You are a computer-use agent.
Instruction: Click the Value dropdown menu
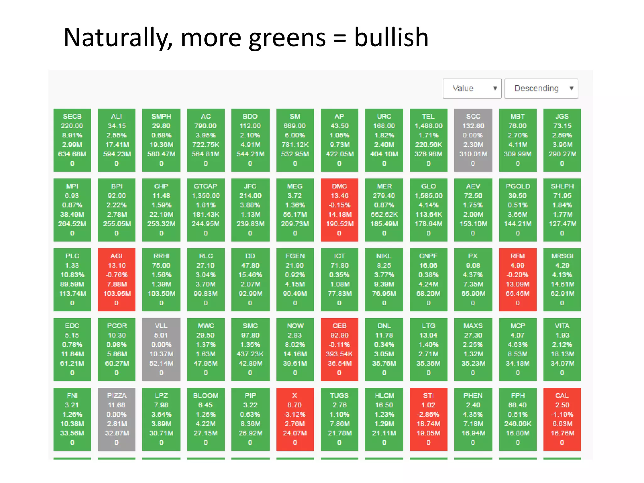click(x=472, y=88)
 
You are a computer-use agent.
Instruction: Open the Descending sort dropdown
click(x=541, y=88)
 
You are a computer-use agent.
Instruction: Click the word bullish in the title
click(x=391, y=38)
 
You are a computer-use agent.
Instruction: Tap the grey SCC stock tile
click(x=473, y=140)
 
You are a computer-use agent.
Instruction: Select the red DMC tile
click(x=339, y=210)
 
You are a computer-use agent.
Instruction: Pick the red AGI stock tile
click(x=116, y=280)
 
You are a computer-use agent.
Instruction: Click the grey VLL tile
click(x=161, y=349)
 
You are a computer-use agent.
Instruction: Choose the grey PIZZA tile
click(x=116, y=419)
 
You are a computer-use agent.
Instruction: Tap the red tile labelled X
click(x=295, y=419)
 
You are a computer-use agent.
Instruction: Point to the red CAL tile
click(x=562, y=419)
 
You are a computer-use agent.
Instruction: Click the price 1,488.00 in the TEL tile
click(x=428, y=126)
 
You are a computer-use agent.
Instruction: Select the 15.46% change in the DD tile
click(x=250, y=275)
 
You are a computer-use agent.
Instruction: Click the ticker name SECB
click(x=72, y=116)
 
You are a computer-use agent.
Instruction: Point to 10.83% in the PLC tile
click(x=72, y=275)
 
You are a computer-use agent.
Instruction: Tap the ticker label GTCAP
click(x=206, y=186)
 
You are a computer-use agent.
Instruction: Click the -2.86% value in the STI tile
click(x=428, y=414)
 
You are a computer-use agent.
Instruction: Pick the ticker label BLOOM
click(x=206, y=396)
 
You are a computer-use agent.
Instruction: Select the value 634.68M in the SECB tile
click(x=72, y=154)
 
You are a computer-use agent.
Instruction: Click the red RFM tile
click(x=518, y=280)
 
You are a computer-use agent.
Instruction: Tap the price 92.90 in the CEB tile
click(x=339, y=335)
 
